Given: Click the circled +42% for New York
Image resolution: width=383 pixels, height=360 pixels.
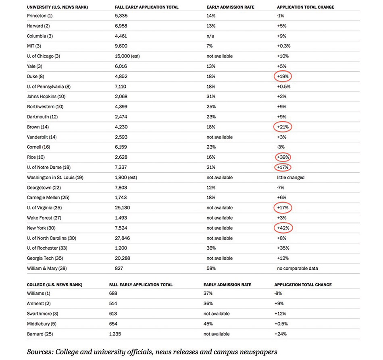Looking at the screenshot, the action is [x=283, y=228].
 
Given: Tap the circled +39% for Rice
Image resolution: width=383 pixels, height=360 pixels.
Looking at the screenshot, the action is [x=283, y=157].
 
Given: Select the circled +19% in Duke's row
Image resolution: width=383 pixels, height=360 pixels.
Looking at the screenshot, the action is [x=283, y=77].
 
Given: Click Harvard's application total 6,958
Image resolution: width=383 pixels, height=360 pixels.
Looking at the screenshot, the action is [x=121, y=26].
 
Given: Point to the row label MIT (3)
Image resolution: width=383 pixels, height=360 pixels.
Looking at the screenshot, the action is [x=34, y=46].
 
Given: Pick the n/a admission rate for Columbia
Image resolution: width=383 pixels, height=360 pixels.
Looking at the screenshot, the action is [x=210, y=36].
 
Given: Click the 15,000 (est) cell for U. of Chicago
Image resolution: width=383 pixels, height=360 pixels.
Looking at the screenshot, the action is [x=127, y=56].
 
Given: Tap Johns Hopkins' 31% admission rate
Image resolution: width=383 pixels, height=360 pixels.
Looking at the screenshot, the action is [x=211, y=96].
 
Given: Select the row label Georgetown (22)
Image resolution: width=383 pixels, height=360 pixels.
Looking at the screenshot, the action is [x=44, y=188].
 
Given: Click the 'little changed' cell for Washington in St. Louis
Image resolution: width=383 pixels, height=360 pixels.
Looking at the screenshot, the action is [x=291, y=178].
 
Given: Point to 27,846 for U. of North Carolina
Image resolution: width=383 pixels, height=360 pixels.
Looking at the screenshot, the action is [x=123, y=238].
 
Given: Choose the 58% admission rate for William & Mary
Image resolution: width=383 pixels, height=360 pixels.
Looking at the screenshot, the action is [x=211, y=268].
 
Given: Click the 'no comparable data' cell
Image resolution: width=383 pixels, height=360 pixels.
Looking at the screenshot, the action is [x=298, y=268].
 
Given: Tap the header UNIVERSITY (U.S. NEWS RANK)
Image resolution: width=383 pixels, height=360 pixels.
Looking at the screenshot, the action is [x=57, y=7].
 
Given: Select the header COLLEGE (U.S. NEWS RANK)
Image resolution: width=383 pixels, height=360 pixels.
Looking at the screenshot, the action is [x=55, y=285].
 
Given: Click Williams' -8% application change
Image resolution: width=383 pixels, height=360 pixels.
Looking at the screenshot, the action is [x=278, y=293].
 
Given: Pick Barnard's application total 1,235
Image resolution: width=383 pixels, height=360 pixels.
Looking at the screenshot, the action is [x=115, y=334].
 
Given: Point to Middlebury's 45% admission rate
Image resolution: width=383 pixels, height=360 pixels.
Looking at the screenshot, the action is [x=208, y=324].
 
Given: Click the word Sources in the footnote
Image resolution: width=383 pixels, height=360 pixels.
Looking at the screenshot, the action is [x=40, y=352].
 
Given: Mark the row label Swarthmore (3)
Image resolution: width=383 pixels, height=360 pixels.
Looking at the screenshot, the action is [x=42, y=314].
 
